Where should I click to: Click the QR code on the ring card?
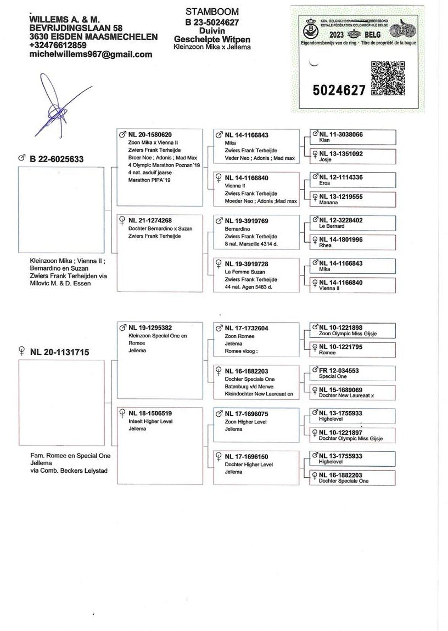(x=388, y=78)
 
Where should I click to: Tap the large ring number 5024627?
(x=339, y=90)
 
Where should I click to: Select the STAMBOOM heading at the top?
(x=212, y=12)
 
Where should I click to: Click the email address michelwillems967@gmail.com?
(x=91, y=54)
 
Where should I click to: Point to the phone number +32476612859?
(x=58, y=45)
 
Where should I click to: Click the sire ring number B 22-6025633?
(x=56, y=159)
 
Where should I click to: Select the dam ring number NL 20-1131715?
(x=59, y=352)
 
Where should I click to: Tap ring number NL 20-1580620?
(x=150, y=135)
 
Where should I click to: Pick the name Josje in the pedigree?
(x=325, y=159)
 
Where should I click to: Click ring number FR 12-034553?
(x=339, y=370)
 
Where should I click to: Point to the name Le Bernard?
(x=331, y=226)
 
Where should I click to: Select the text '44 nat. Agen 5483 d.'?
(x=248, y=287)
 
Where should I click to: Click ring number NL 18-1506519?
(x=150, y=413)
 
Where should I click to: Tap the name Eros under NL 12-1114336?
(x=324, y=183)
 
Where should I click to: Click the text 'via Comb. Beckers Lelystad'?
(x=69, y=471)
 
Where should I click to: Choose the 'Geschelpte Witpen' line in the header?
(x=212, y=40)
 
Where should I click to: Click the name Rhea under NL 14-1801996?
(x=325, y=245)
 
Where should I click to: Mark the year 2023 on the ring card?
(x=336, y=35)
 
